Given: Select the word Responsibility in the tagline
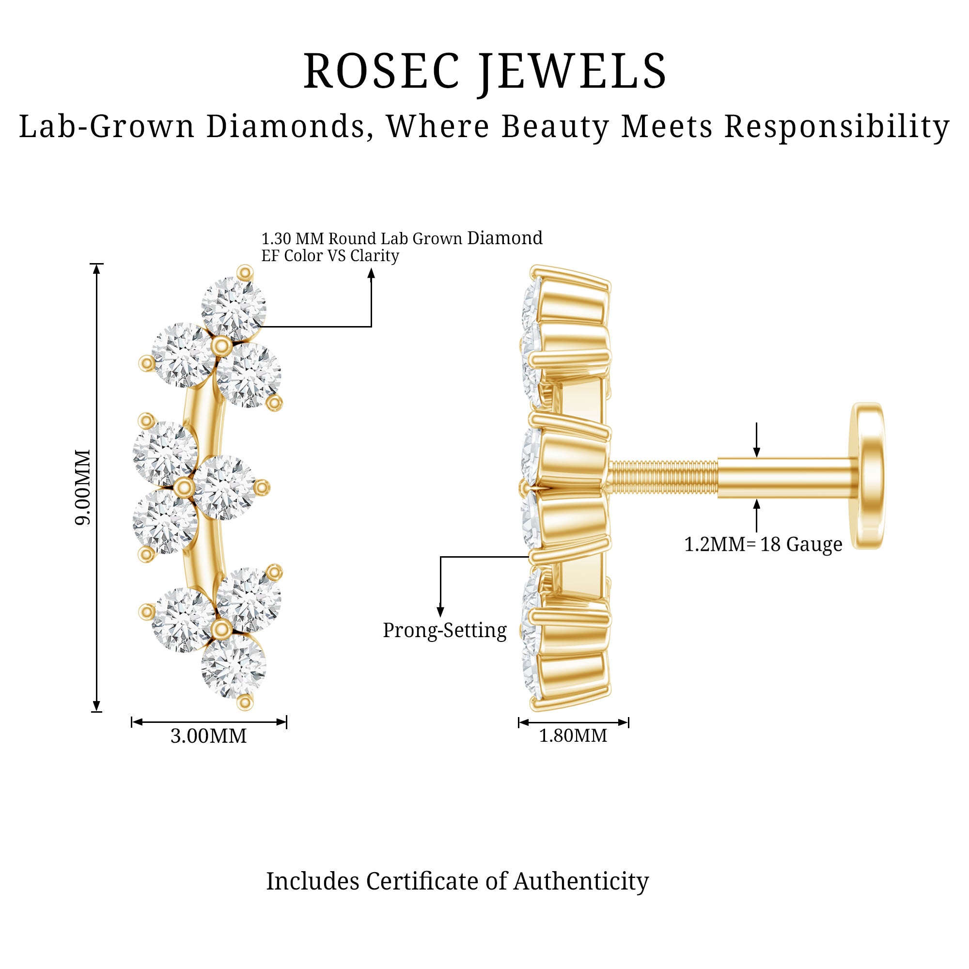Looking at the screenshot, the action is (837, 127).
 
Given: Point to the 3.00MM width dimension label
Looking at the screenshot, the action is (209, 736).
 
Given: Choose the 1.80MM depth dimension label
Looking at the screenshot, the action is (573, 736).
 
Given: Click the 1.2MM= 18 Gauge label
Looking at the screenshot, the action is (763, 544).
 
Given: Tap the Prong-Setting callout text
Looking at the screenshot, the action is (444, 630).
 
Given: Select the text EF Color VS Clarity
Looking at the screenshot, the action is (330, 256).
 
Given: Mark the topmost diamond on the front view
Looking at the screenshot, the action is (233, 309).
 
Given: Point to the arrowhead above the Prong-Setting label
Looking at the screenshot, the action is (440, 611).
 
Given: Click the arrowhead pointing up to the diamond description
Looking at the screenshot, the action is (371, 274).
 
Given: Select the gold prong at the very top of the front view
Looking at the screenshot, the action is (245, 272).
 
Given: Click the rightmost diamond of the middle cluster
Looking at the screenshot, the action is (224, 487).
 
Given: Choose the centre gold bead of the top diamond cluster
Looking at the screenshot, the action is (221, 346).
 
